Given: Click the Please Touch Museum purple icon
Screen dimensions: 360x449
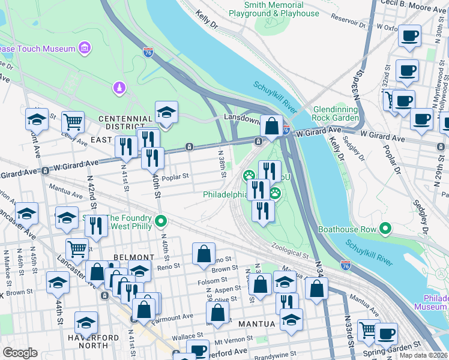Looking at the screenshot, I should (84, 48).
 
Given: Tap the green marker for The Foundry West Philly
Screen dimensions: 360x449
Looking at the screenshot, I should (160, 222).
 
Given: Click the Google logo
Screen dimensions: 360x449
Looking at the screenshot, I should (20, 353).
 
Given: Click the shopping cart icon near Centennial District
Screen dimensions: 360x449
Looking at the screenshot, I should (73, 122).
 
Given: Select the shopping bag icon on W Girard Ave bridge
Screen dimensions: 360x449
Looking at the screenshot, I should (271, 126).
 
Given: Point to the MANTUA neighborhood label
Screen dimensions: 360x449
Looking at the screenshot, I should (258, 324).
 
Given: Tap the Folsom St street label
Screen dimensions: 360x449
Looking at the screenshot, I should (213, 280).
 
